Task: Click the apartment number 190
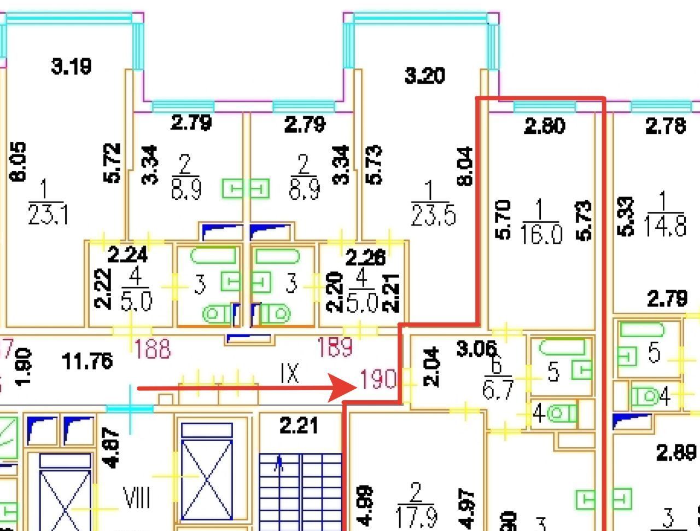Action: (x=378, y=379)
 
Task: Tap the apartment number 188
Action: (x=153, y=349)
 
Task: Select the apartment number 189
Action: (x=335, y=347)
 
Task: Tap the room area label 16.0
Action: (x=541, y=235)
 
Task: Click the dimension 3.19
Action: (x=71, y=67)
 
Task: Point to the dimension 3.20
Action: (x=424, y=75)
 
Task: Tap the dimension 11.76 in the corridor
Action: (x=87, y=361)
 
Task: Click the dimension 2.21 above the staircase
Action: (x=299, y=425)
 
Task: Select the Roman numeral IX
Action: (x=289, y=373)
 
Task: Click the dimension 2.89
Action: (x=676, y=453)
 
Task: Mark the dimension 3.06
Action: (x=476, y=348)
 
